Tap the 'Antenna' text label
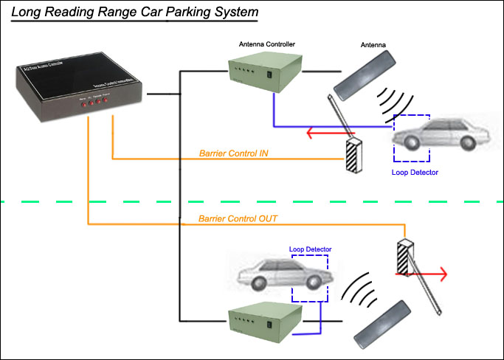pyautogui.click(x=373, y=44)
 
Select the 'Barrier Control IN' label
pyautogui.click(x=233, y=154)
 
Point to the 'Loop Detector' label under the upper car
pyautogui.click(x=415, y=172)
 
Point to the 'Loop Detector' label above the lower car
pyautogui.click(x=310, y=249)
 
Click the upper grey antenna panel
pyautogui.click(x=367, y=75)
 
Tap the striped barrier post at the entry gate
pyautogui.click(x=355, y=156)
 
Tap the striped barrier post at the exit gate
pyautogui.click(x=404, y=259)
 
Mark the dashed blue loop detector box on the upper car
pyautogui.click(x=412, y=138)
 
